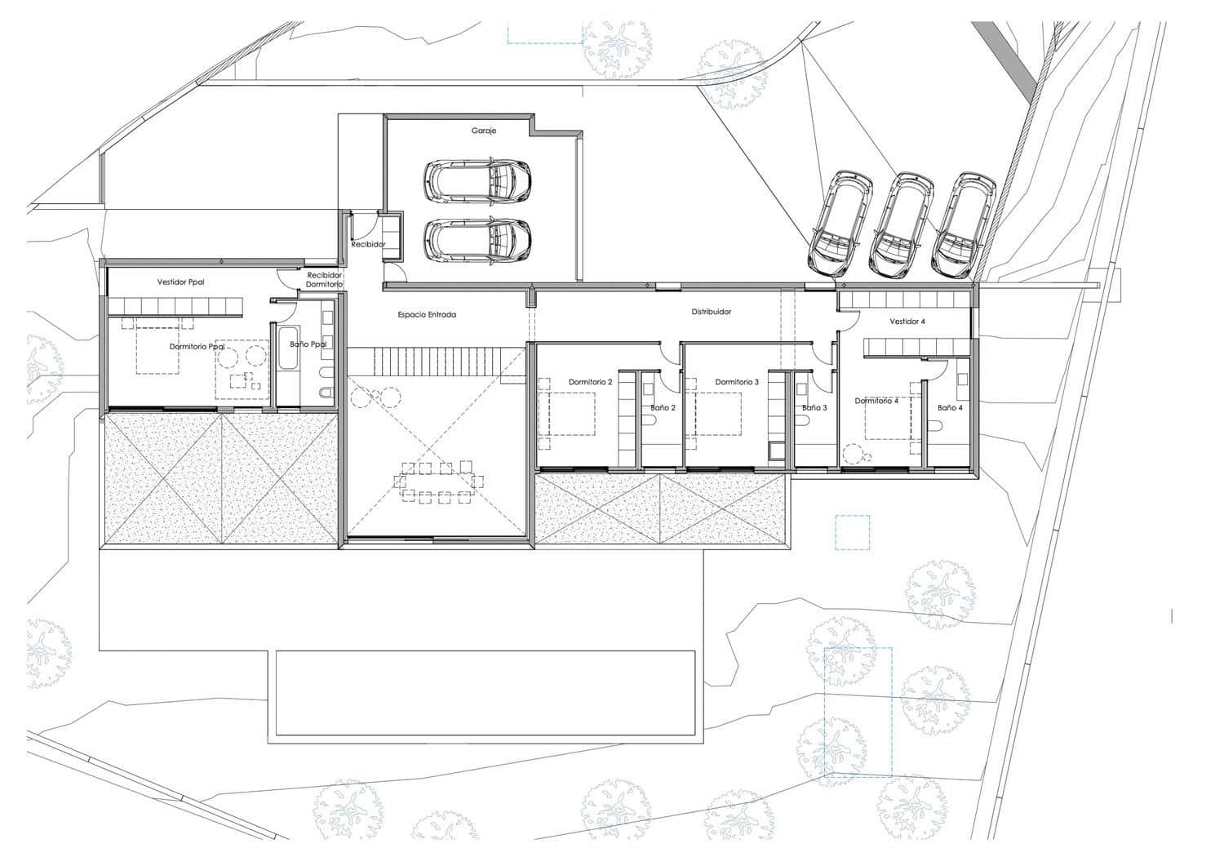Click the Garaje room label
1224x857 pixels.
pyautogui.click(x=483, y=131)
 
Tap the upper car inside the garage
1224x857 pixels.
pyautogui.click(x=477, y=180)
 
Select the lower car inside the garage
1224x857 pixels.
pyautogui.click(x=477, y=239)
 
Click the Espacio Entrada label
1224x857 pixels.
pyautogui.click(x=427, y=314)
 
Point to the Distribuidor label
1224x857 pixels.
pyautogui.click(x=712, y=312)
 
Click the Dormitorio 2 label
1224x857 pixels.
pyautogui.click(x=590, y=382)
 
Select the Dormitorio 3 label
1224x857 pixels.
pyautogui.click(x=737, y=382)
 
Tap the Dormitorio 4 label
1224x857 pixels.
pyautogui.click(x=876, y=401)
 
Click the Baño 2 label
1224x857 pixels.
pyautogui.click(x=663, y=407)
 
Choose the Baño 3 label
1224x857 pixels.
pyautogui.click(x=814, y=407)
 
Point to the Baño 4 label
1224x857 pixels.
pyautogui.click(x=950, y=407)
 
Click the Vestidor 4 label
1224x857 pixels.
pyautogui.click(x=907, y=322)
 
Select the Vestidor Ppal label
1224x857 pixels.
pyautogui.click(x=180, y=282)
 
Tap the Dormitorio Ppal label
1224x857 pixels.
pyautogui.click(x=197, y=347)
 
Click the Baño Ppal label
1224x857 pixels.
pyautogui.click(x=308, y=344)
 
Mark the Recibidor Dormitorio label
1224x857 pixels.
pyautogui.click(x=324, y=280)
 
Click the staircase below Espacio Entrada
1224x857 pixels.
pyautogui.click(x=437, y=361)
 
